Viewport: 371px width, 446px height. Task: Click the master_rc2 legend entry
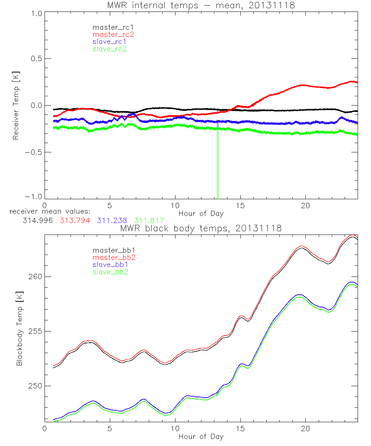(x=113, y=35)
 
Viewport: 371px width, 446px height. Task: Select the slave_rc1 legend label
(x=109, y=42)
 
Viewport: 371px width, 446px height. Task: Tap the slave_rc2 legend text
(x=109, y=49)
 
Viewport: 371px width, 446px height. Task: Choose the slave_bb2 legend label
(x=111, y=272)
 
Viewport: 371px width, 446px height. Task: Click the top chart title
(x=201, y=5)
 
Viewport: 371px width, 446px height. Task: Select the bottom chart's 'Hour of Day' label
(x=201, y=436)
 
